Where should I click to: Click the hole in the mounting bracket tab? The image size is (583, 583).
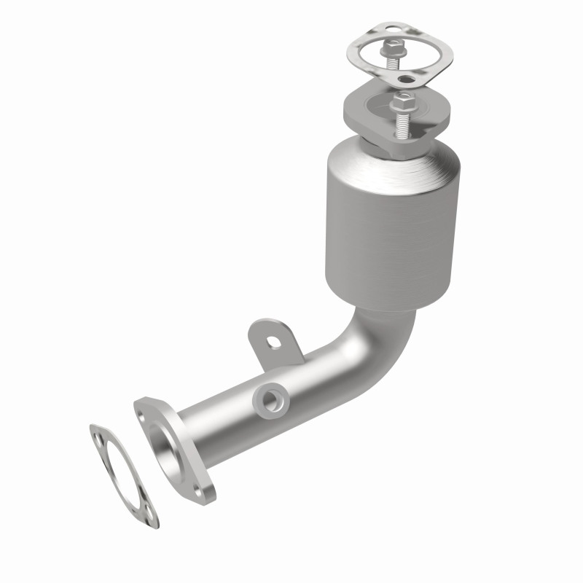coord(275,340)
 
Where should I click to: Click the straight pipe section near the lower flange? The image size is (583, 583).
coord(219,423)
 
